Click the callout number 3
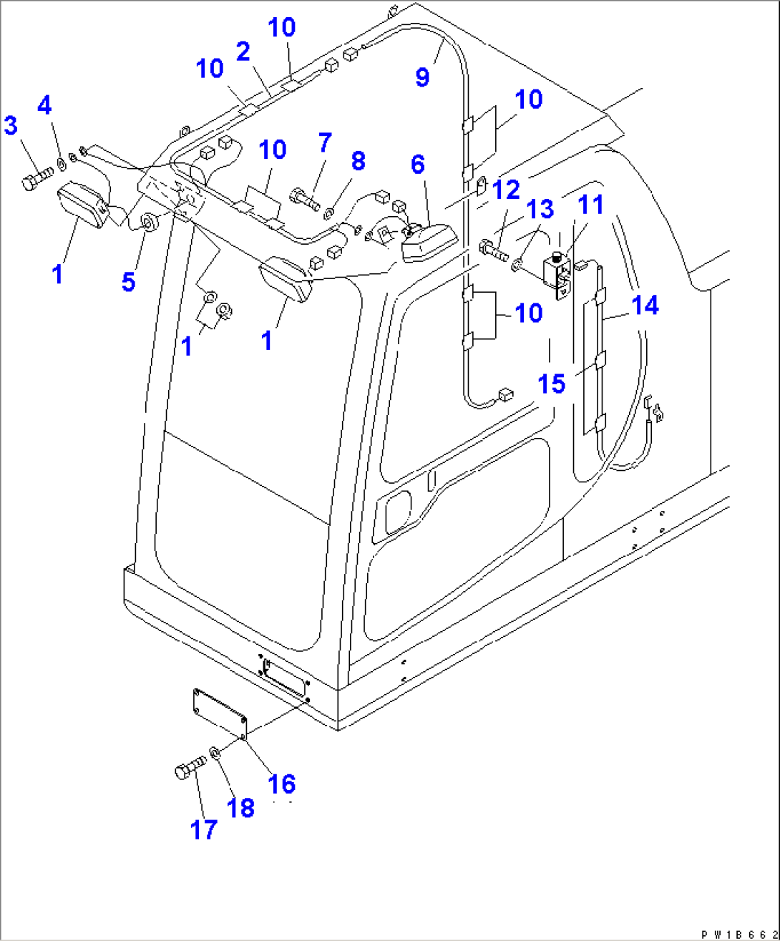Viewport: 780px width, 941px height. click(11, 126)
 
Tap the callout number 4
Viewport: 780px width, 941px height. click(44, 106)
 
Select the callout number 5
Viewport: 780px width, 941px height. click(128, 281)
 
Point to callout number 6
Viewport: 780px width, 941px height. click(418, 165)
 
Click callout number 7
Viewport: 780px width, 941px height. click(325, 143)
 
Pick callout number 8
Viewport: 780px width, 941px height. click(358, 162)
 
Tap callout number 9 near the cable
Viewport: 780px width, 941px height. click(423, 77)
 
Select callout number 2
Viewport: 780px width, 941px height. click(243, 52)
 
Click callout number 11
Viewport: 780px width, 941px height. click(591, 205)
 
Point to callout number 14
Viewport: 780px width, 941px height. click(645, 306)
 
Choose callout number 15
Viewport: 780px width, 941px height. click(551, 384)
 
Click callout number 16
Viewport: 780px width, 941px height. click(281, 784)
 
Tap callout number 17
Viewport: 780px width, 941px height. click(203, 829)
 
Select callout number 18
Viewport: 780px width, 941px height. click(240, 807)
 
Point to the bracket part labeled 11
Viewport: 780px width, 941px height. click(558, 276)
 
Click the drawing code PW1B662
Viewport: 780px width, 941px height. click(738, 935)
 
